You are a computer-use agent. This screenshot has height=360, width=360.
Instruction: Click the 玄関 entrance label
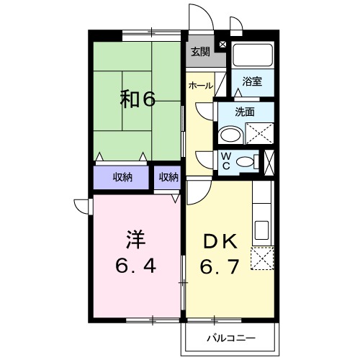coord(199,51)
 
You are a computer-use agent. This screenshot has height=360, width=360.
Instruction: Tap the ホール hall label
coord(199,86)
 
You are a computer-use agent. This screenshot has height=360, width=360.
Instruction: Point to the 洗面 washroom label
coord(246,112)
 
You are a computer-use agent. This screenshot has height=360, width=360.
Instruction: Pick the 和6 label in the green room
coord(137,99)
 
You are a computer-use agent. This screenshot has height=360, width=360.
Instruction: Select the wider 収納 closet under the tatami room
coord(122,176)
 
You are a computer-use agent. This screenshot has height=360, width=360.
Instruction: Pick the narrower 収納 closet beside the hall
coord(168,176)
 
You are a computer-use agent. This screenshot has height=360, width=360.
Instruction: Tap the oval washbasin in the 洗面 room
coord(230,135)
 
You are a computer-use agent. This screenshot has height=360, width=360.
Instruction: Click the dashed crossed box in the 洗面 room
coord(259,135)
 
